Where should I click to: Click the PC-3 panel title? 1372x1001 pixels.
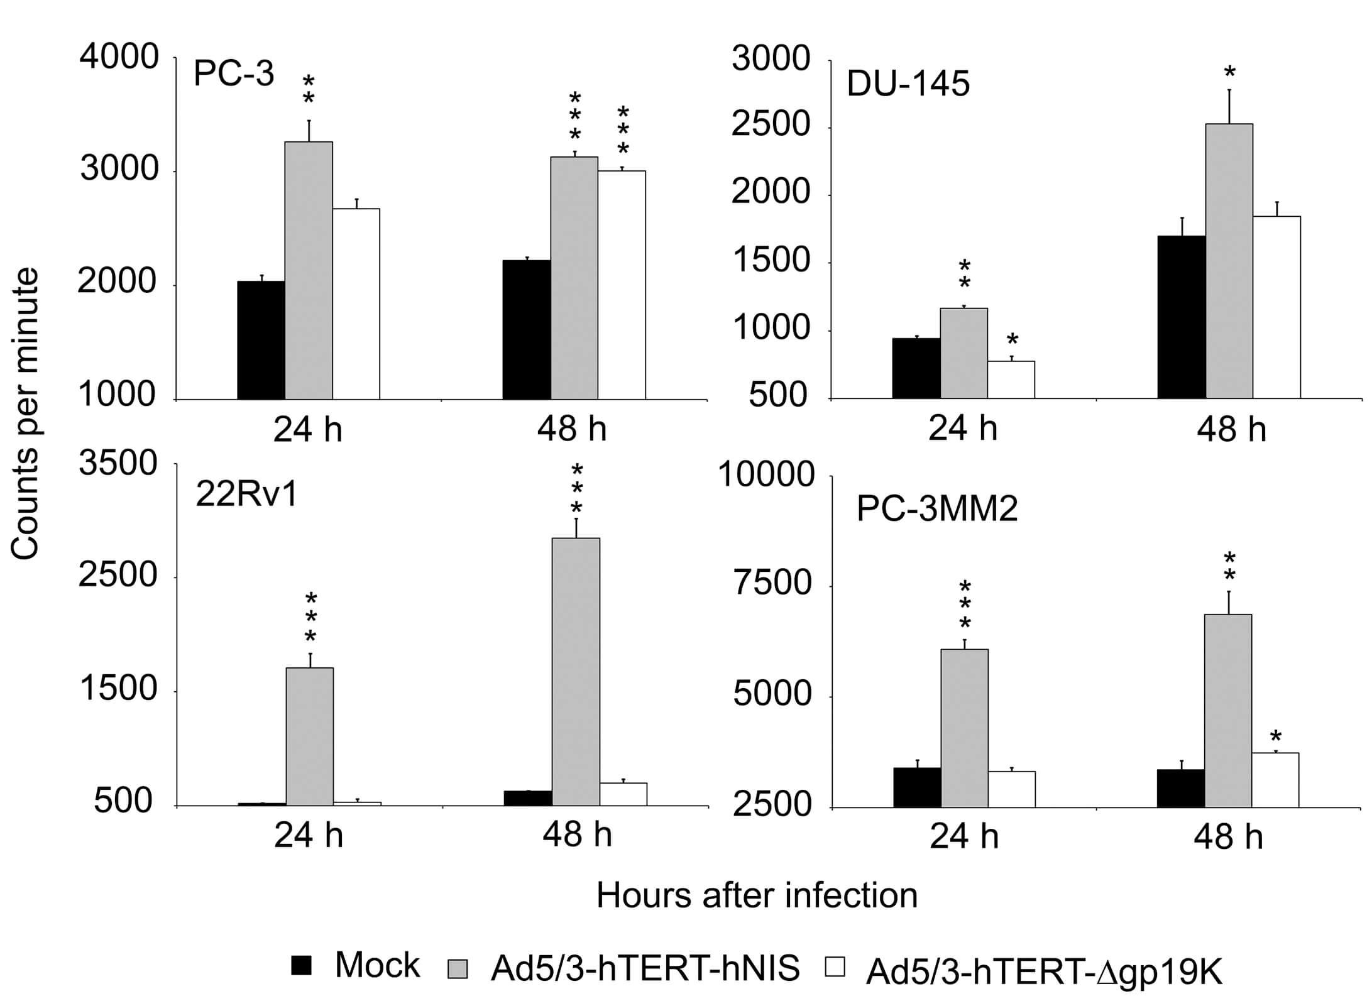tap(234, 74)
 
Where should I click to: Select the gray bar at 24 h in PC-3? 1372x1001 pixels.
tap(309, 270)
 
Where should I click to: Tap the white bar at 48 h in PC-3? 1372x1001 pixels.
tap(622, 285)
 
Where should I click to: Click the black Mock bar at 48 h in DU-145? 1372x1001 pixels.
tap(1182, 317)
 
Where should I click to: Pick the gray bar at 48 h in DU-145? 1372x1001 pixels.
tap(1229, 261)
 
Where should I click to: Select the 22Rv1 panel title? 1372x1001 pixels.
tap(246, 495)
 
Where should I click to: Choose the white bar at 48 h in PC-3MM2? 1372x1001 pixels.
tap(1275, 780)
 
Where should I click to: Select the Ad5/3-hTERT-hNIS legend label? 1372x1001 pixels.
tap(645, 968)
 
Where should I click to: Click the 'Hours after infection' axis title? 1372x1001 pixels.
tap(757, 895)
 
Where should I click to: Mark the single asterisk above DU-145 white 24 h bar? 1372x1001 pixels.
tap(1012, 341)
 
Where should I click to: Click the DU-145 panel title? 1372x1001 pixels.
tap(908, 84)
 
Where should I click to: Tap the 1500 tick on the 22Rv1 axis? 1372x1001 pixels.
tap(118, 689)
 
